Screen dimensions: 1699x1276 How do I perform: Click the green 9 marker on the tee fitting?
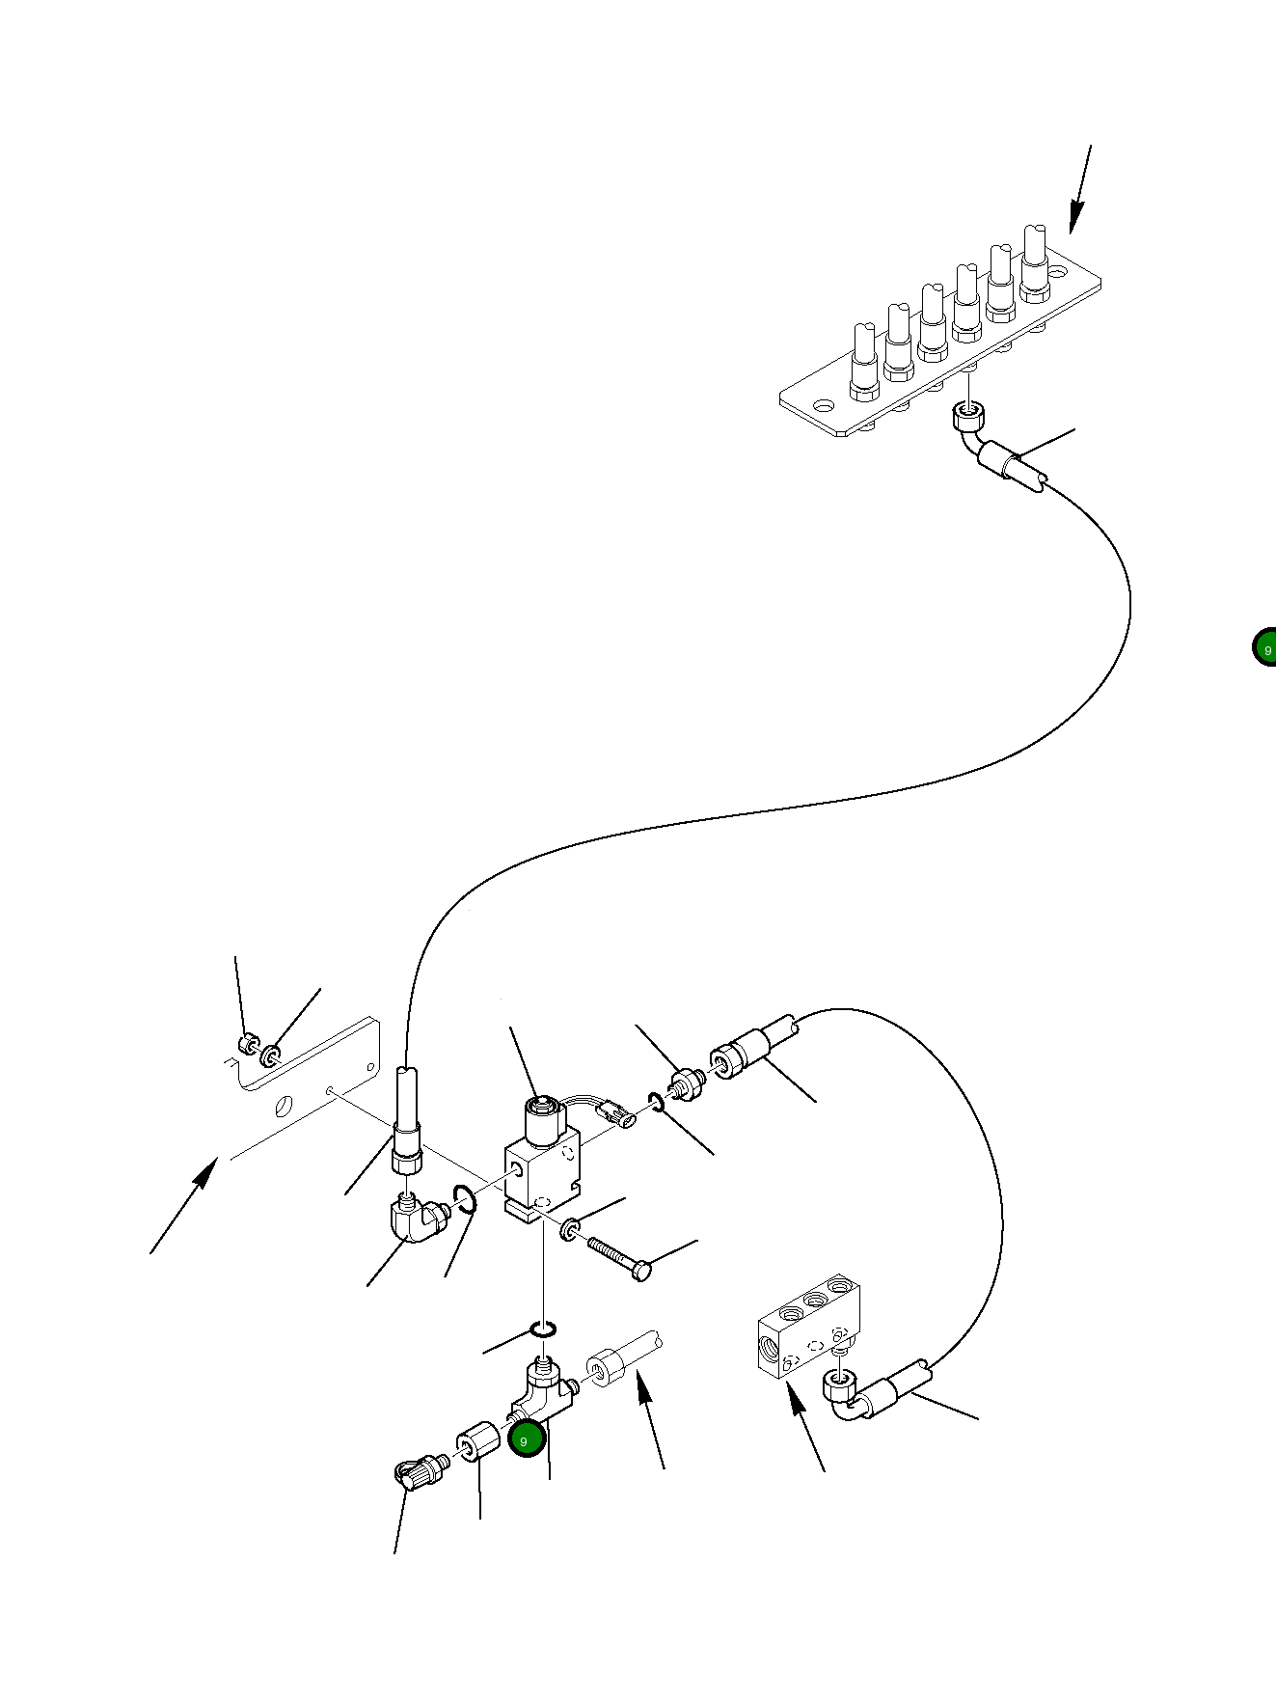[527, 1439]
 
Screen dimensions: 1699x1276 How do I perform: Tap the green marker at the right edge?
[1265, 648]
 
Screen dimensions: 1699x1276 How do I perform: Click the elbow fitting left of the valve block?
[415, 1220]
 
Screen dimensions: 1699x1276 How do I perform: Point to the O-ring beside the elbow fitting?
[466, 1202]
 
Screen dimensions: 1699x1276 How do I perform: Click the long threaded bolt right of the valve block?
[617, 1257]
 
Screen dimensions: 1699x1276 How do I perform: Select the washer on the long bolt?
[570, 1230]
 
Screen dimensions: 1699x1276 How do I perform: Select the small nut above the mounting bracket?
[248, 1043]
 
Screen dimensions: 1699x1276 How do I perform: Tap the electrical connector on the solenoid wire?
[616, 1119]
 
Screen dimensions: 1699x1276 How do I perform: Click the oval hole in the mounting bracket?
[284, 1106]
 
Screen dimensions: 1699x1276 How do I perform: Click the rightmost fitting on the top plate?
[1035, 262]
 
